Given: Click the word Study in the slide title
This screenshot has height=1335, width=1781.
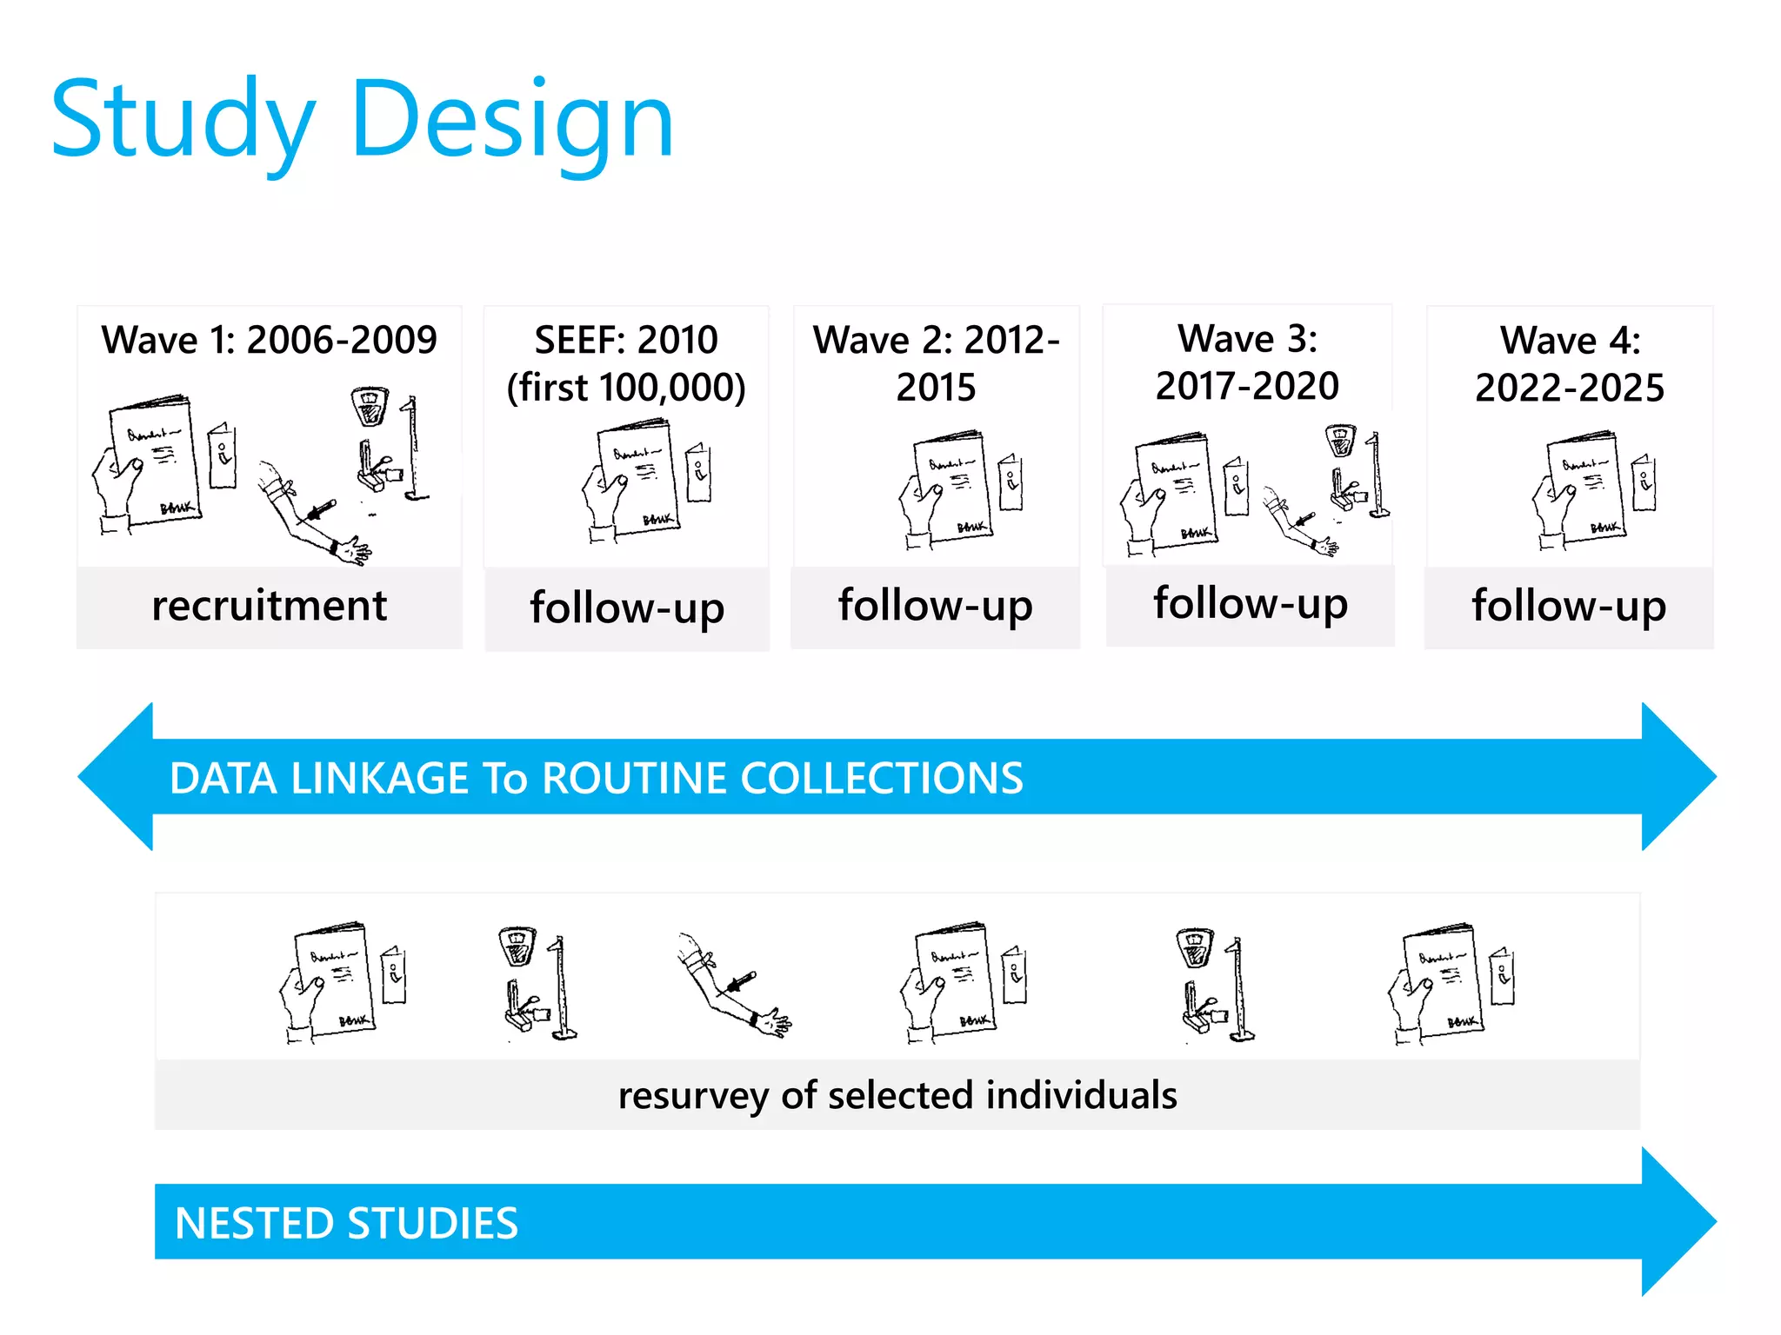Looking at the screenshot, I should [x=183, y=122].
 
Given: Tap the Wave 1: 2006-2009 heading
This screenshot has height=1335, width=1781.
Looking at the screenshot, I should [x=269, y=340].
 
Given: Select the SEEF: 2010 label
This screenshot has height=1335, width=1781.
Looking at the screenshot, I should [x=626, y=340].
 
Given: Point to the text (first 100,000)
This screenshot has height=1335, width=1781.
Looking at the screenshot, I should [x=626, y=388].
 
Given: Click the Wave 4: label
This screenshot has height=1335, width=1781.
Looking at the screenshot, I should [x=1570, y=341].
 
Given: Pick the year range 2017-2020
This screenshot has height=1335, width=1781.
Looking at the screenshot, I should [x=1247, y=386].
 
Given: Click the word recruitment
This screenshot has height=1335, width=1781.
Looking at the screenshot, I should [x=269, y=606].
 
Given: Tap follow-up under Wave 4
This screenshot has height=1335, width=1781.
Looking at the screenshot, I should [x=1569, y=606].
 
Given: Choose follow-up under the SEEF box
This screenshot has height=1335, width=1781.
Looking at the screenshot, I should [x=627, y=608].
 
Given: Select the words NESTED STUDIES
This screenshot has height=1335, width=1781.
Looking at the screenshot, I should [x=346, y=1223].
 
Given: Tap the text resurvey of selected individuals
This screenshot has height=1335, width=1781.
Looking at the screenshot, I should [x=897, y=1095].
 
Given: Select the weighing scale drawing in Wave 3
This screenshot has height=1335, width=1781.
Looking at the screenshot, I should [x=1340, y=440].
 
